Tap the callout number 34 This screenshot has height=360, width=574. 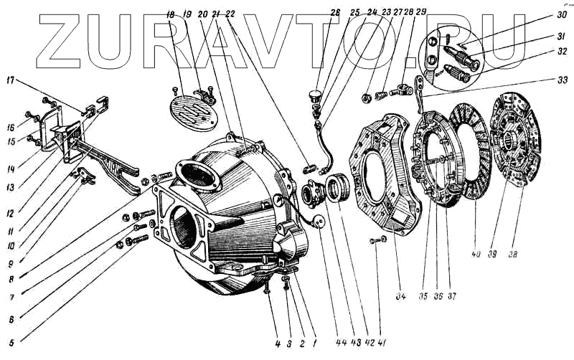point(399,295)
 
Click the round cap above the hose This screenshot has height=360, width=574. point(314,93)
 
